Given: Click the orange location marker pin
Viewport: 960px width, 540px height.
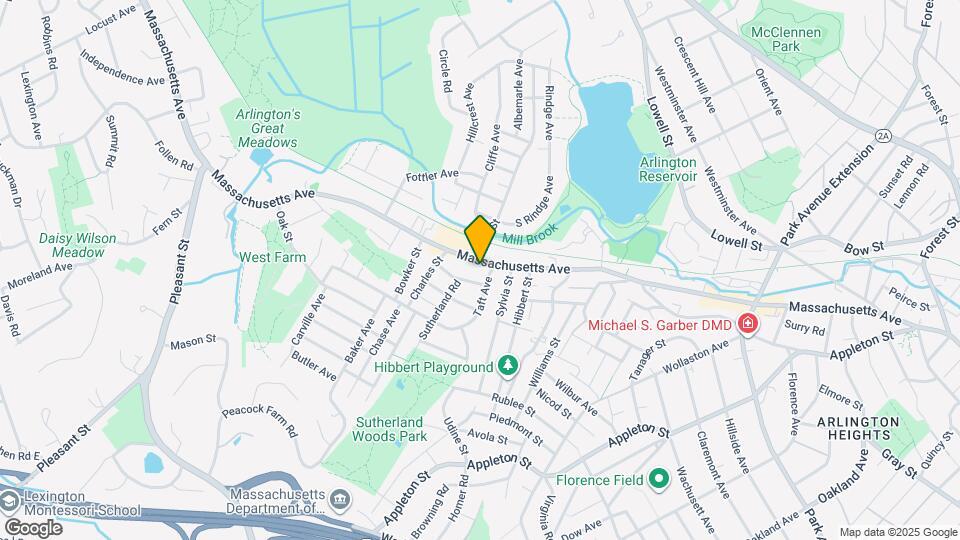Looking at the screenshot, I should pos(480,237).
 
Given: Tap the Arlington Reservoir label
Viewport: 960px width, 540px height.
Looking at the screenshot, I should pos(668,169).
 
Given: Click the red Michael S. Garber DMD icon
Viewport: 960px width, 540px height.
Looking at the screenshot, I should pos(746,324).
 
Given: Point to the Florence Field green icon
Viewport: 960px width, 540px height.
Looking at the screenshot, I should pos(659,480).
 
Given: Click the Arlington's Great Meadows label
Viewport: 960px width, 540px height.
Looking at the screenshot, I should pos(267,128).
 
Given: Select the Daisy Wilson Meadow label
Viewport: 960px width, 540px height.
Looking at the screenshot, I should pos(78,245).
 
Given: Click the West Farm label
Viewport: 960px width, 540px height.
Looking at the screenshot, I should pos(272,257).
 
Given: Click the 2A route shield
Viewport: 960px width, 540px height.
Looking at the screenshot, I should pos(883,134).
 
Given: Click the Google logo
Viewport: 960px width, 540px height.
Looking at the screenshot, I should pos(32,527).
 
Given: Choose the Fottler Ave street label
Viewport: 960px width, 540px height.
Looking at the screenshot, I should pos(432,174).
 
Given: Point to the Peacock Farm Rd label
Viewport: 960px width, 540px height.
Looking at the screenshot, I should pos(261,420).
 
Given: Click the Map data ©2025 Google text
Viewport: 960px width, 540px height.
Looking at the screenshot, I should pos(897,532).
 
